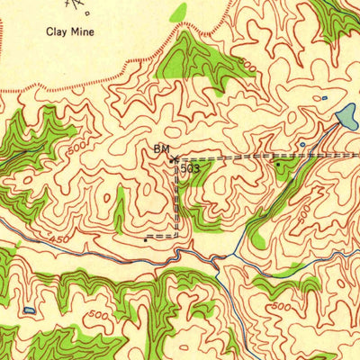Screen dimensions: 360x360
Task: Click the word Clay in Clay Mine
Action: click(x=58, y=31)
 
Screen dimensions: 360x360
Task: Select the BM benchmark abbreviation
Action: click(x=160, y=148)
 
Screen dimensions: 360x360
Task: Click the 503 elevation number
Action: click(x=190, y=167)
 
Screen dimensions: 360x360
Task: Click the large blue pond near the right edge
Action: click(x=345, y=115)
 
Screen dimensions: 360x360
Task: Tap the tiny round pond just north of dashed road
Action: click(x=302, y=144)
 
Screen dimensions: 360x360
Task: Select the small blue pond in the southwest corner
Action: click(x=31, y=310)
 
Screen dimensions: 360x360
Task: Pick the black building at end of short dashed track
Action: click(x=145, y=239)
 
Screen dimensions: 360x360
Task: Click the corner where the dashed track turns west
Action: click(x=176, y=236)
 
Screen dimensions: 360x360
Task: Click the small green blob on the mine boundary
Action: click(x=180, y=13)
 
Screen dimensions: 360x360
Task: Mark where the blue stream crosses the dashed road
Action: click(x=320, y=155)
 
